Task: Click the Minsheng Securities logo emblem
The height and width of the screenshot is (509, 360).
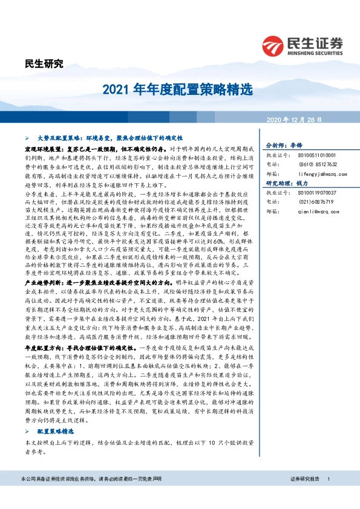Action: pyautogui.click(x=274, y=45)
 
